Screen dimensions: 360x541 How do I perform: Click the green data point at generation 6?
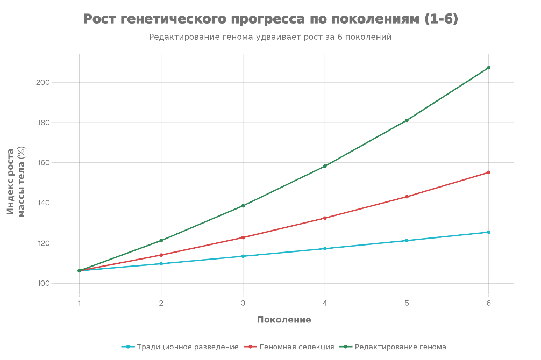(488, 68)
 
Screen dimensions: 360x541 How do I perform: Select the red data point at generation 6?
(488, 172)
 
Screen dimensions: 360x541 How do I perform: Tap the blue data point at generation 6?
(488, 232)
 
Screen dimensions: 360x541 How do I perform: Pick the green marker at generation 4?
(325, 167)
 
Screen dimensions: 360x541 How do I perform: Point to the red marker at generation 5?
(407, 197)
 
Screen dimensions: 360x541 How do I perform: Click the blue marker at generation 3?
(243, 256)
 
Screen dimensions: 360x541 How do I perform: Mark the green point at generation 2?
(161, 241)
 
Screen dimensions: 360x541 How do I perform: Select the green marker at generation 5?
(407, 120)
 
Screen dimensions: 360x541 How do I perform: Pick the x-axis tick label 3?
(243, 303)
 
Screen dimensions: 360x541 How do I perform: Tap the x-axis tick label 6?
(488, 303)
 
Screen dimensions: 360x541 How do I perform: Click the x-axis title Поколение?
(283, 320)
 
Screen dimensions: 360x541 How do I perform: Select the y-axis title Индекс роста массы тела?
(16, 182)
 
